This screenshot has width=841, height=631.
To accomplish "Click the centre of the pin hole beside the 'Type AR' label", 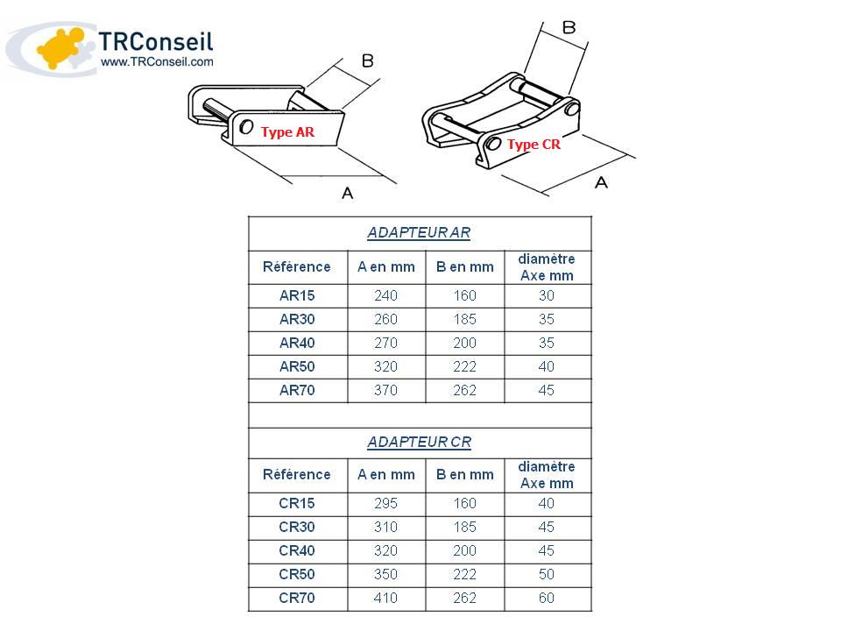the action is point(246,126).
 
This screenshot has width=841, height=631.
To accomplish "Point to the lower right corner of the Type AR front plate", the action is point(336,145).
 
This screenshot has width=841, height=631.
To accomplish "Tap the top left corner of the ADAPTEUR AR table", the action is point(249,216).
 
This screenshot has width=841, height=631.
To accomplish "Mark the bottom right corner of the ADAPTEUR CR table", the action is point(591,611).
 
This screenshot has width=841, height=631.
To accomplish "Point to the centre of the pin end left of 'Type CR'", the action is point(493,143).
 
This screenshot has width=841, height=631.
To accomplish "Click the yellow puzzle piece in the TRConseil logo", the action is point(60,47).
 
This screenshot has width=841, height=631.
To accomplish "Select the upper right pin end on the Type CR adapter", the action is point(572,109).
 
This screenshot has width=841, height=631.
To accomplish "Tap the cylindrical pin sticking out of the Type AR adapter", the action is point(216,110).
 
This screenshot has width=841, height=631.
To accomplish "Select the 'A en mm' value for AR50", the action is point(385,366).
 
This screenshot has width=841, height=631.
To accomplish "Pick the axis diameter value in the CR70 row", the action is point(546,598).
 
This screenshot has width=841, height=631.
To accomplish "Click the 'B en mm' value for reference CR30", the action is point(464,527).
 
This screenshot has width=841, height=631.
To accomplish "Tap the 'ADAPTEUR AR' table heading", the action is point(419,233).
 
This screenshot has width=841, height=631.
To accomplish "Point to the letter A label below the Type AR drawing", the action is point(348,193).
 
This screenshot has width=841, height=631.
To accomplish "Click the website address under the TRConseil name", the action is point(157,61).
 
